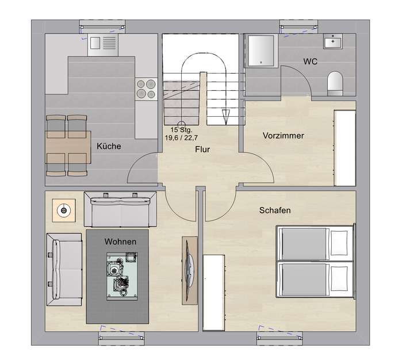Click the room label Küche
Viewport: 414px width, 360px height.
click(109, 146)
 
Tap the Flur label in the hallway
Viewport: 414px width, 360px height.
click(201, 150)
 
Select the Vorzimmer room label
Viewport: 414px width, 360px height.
click(283, 136)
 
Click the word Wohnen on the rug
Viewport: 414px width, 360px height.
click(120, 242)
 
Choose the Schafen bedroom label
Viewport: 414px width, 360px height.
click(274, 210)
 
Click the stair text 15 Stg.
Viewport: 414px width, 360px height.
click(181, 130)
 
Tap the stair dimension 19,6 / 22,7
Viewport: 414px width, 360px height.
click(181, 138)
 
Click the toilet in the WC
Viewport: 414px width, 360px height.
click(333, 82)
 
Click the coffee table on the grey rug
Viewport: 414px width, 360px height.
click(120, 277)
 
